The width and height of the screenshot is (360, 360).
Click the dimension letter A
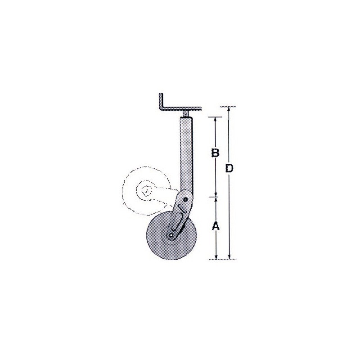[x=216, y=226]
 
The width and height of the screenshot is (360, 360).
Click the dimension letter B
[x=216, y=153]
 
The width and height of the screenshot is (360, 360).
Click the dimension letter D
[x=229, y=169]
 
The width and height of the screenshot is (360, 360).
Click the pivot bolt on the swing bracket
[x=185, y=199]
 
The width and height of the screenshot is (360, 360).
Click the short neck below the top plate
[x=185, y=113]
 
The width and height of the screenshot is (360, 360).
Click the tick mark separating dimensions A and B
[x=216, y=196]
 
